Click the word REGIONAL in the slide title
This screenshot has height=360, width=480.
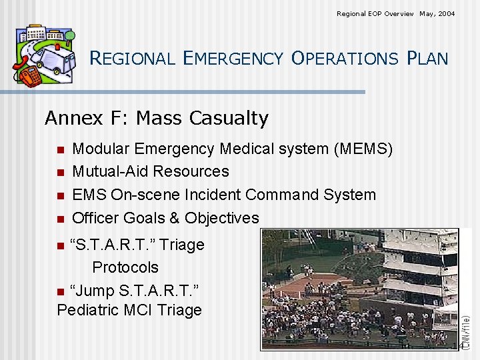click(x=131, y=59)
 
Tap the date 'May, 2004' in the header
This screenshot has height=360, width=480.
click(x=437, y=13)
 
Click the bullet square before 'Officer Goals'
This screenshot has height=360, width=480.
click(x=60, y=219)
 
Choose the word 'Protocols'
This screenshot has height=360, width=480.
click(x=125, y=267)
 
